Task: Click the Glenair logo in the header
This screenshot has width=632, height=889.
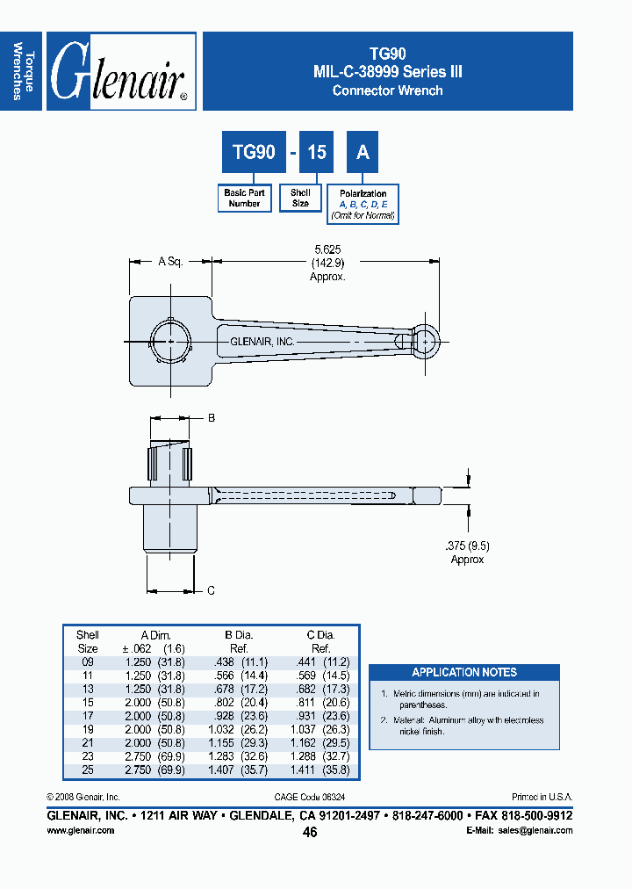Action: [120, 72]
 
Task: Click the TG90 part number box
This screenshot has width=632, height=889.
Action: [254, 153]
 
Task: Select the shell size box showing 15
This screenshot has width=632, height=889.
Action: [316, 153]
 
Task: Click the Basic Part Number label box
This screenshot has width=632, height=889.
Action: [244, 199]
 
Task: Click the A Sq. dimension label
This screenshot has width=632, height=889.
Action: [169, 262]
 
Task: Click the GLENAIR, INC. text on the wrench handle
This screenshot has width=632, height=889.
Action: [262, 342]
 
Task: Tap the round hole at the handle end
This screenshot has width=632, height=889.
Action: [425, 338]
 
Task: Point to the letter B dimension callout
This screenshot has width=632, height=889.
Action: [211, 419]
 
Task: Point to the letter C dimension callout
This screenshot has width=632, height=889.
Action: [211, 590]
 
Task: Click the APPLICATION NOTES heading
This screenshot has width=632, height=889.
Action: [464, 672]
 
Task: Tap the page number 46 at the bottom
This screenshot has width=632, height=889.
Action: [310, 833]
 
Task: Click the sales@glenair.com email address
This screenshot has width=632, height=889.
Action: [532, 830]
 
